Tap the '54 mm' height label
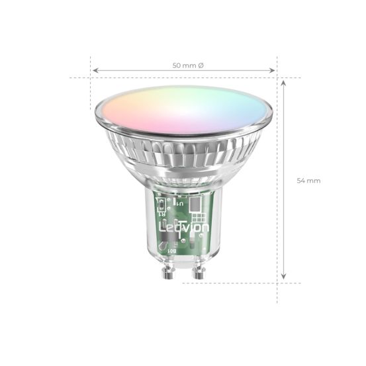[309, 181]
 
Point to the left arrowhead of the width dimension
[94, 70]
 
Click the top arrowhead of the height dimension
[285, 83]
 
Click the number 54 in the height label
[302, 181]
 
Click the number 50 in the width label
[177, 66]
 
